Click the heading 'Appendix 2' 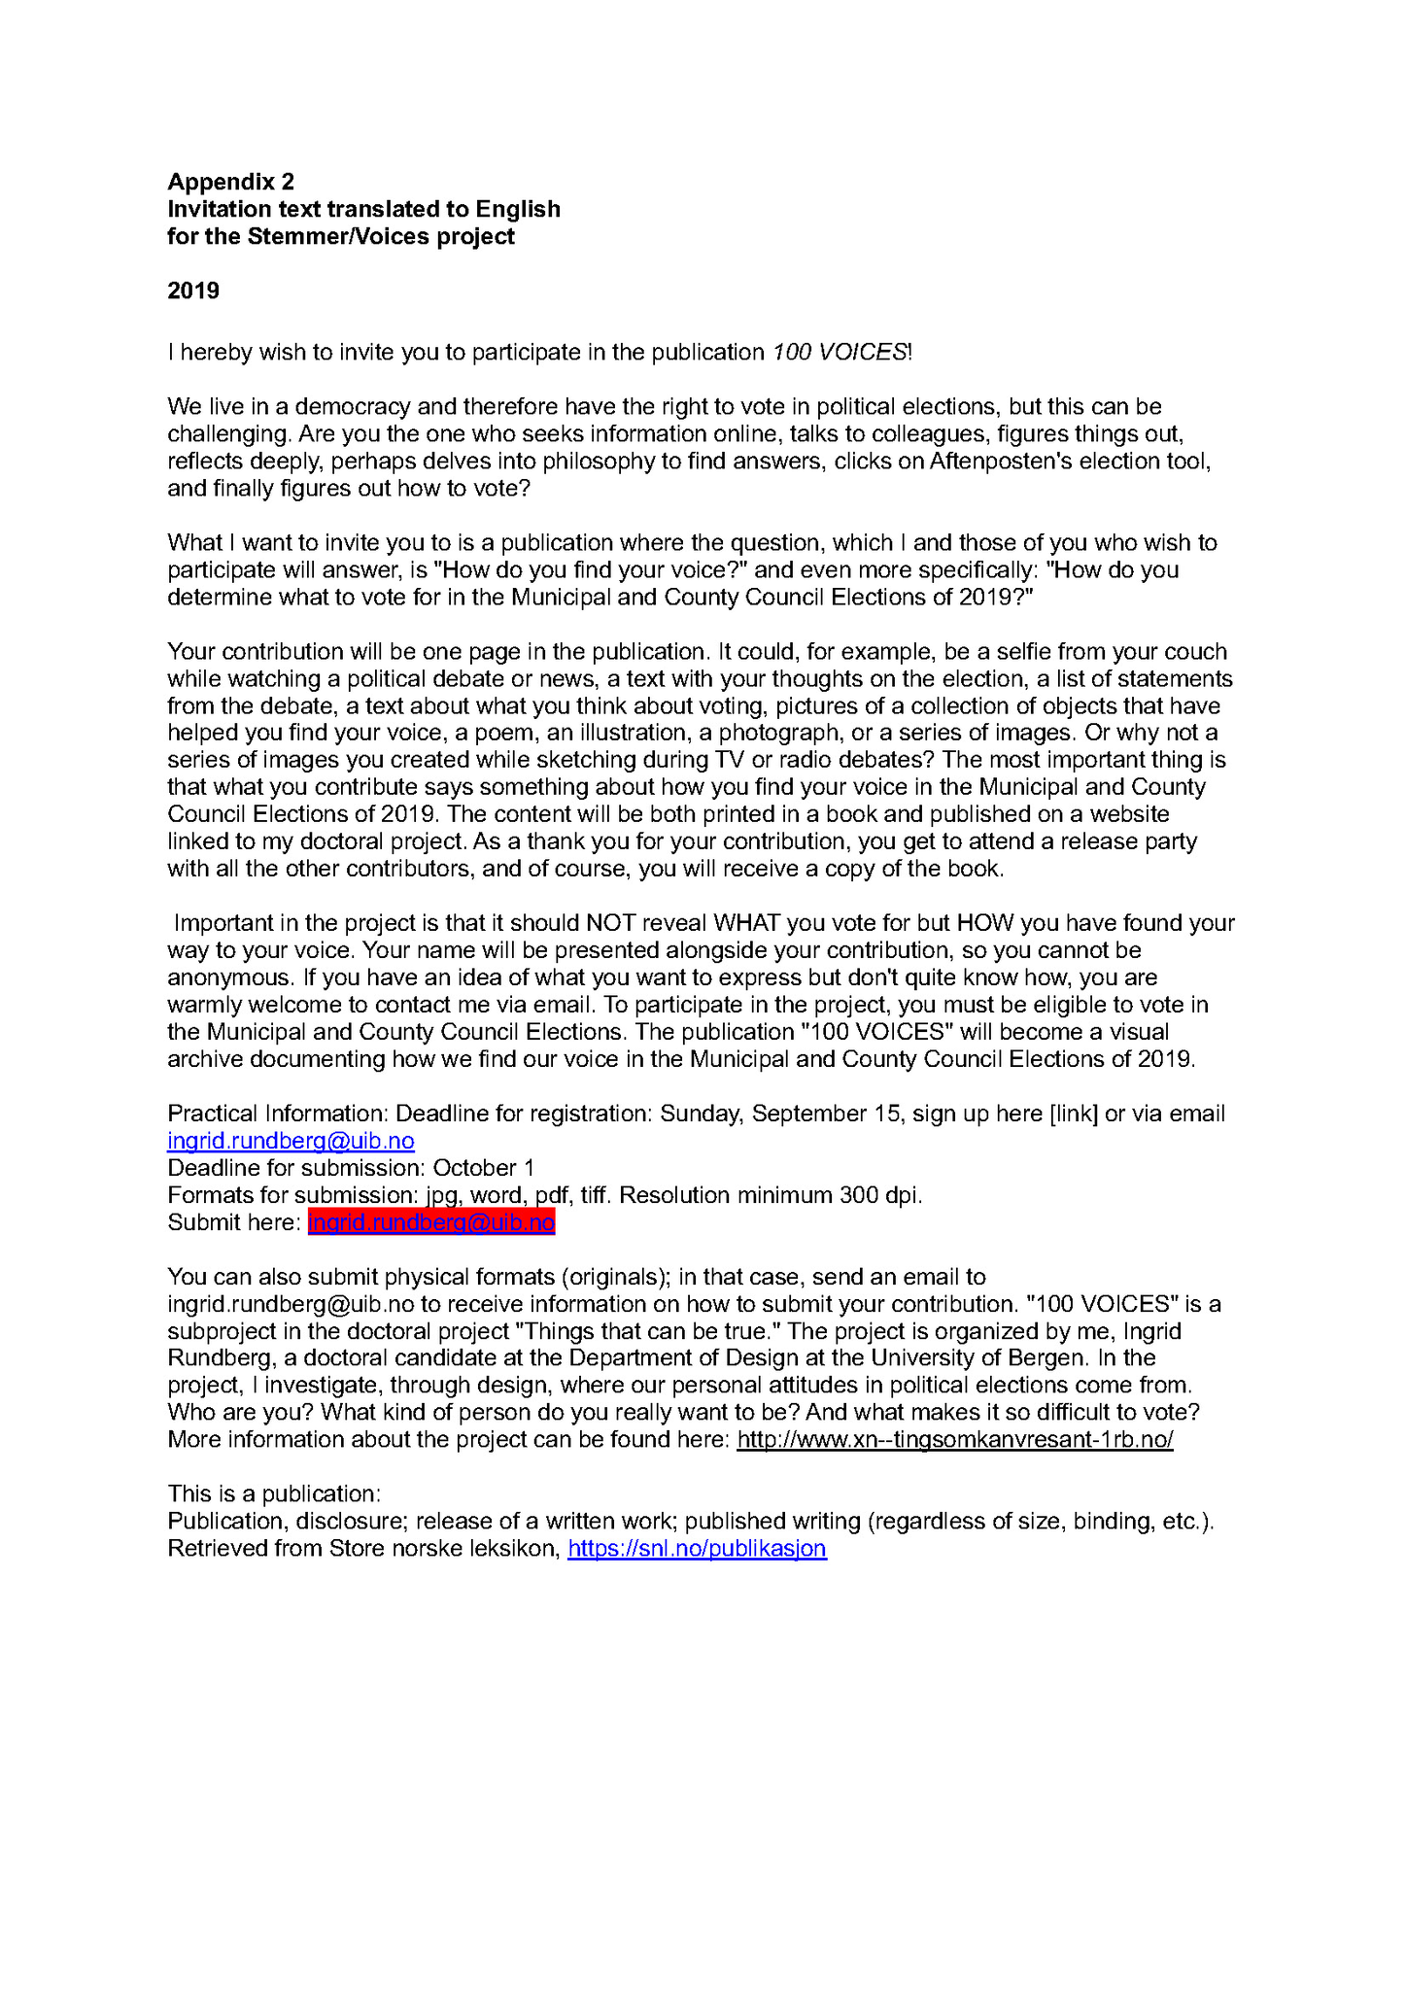[230, 182]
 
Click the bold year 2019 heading [193, 291]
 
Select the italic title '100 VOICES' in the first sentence [840, 352]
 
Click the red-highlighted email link [431, 1222]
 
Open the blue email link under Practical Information [291, 1141]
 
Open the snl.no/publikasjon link [697, 1549]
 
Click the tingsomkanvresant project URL [954, 1440]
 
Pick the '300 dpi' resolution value [879, 1195]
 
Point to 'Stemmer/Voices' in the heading [339, 236]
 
